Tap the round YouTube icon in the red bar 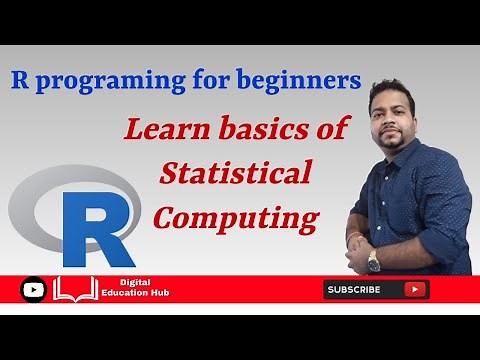33,290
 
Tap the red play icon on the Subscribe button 414,290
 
